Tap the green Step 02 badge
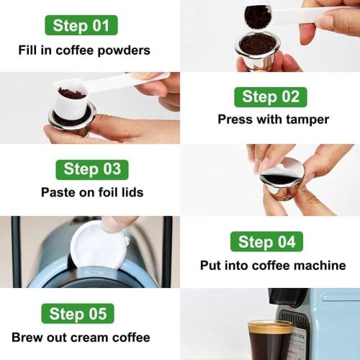pyautogui.click(x=269, y=96)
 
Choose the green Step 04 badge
pyautogui.click(x=266, y=241)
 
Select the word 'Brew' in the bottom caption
pyautogui.click(x=27, y=337)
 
